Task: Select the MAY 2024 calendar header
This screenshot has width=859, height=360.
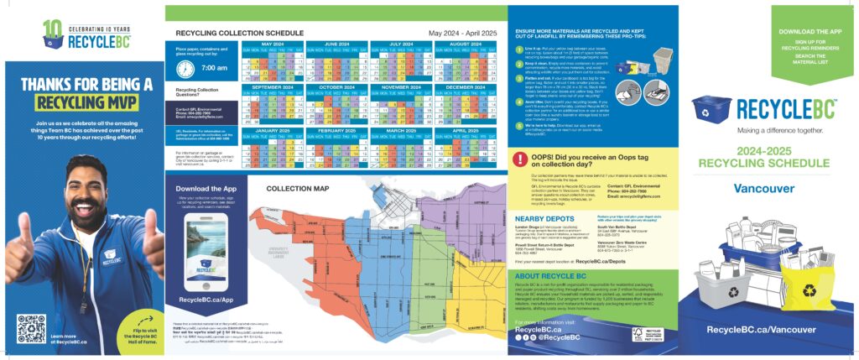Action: point(272,44)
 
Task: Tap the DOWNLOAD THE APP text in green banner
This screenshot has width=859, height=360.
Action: point(810,32)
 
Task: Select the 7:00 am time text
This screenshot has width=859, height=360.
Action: point(215,68)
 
